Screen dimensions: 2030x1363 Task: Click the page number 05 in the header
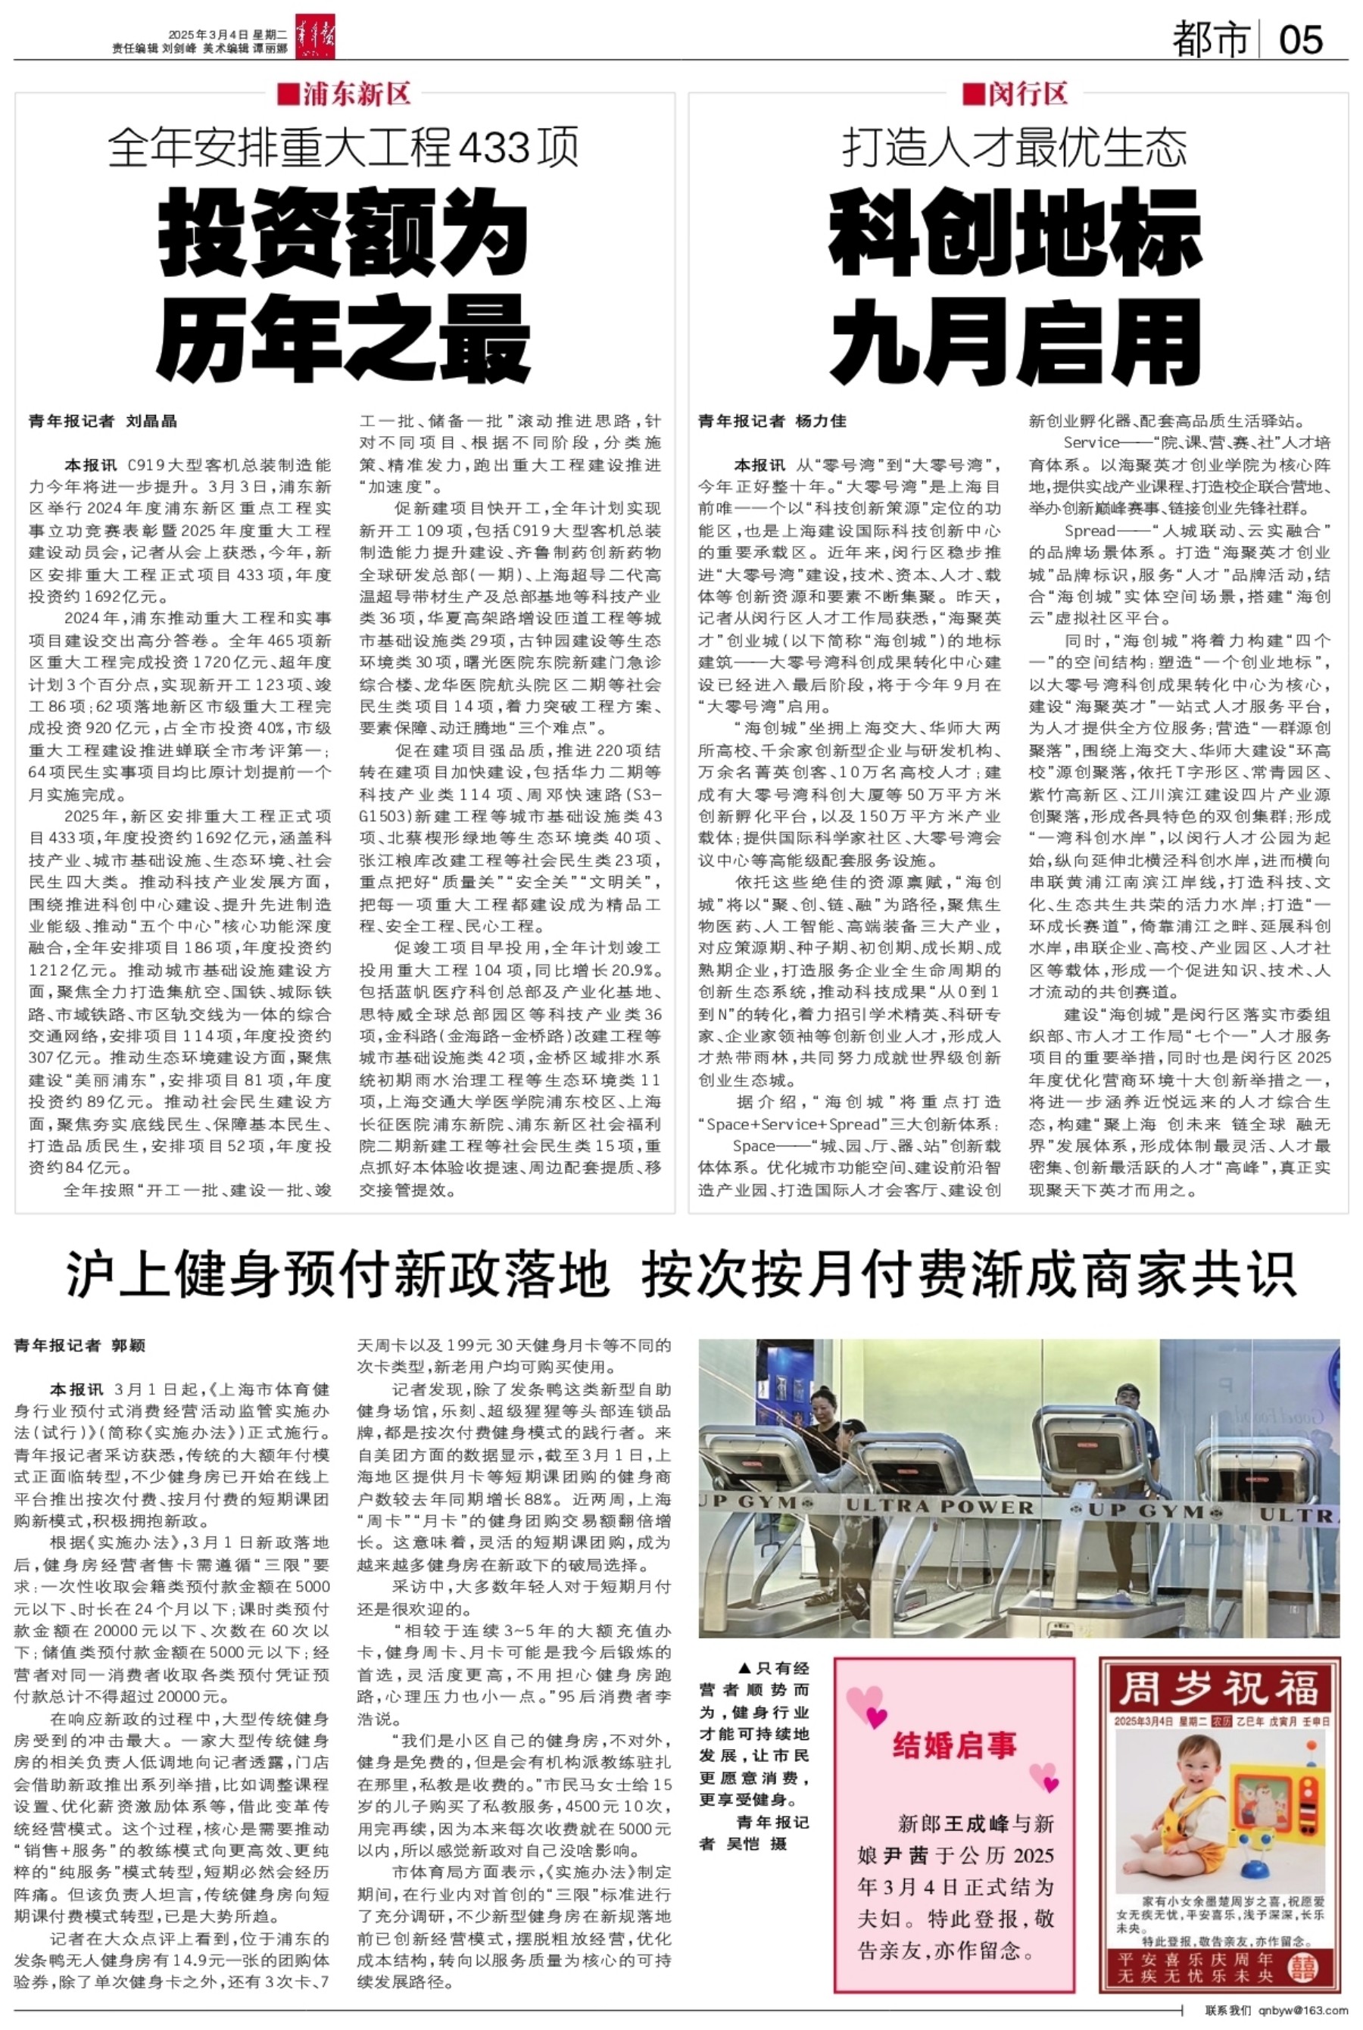point(1300,39)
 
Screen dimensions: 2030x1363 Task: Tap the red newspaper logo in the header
point(315,38)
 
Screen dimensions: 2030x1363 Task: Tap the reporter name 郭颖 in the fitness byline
point(128,1346)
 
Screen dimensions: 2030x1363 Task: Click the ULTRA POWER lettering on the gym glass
point(940,1506)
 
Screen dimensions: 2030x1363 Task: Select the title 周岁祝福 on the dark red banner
point(1218,1690)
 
